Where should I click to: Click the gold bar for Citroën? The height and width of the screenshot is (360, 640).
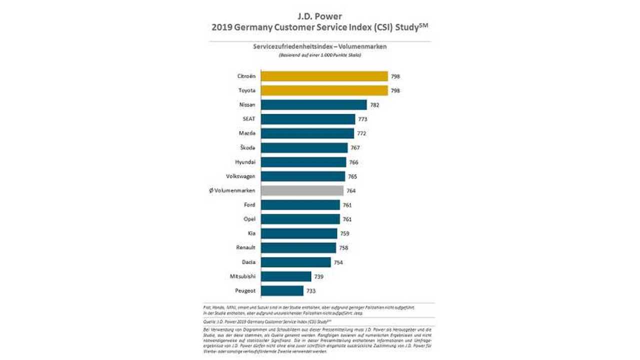pos(324,76)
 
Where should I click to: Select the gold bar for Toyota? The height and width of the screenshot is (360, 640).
pos(324,90)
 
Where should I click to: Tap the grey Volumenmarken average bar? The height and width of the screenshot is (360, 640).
pos(302,190)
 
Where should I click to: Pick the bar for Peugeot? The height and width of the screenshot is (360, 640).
pos(282,290)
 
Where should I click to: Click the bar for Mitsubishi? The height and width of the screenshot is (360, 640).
pos(285,276)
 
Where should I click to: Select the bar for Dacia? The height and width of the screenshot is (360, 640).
pos(295,262)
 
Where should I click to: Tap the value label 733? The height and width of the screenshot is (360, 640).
pos(311,291)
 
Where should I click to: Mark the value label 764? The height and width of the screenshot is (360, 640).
pos(351,191)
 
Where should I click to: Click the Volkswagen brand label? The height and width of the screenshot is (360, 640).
pos(241,176)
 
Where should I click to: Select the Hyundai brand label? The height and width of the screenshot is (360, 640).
pos(245,162)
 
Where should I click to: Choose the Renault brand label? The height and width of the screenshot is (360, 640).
pos(246,247)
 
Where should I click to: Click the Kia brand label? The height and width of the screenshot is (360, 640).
pos(251,233)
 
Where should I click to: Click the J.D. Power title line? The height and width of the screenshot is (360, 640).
pos(319,16)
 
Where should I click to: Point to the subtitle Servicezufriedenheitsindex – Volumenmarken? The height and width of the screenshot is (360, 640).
pos(319,46)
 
